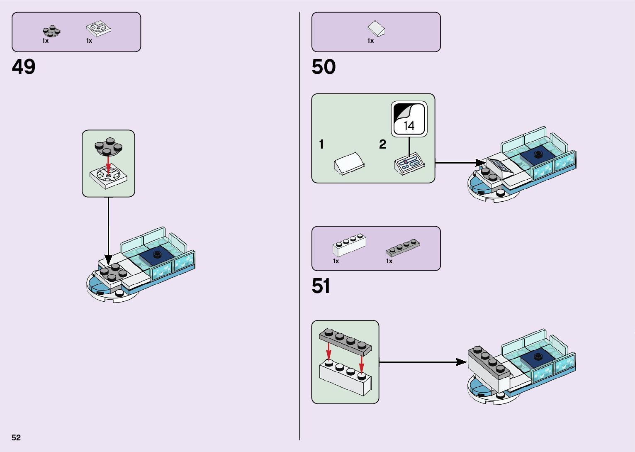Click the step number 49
tap(24, 67)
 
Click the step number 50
tap(324, 67)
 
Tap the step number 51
tap(321, 286)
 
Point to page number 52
tap(16, 437)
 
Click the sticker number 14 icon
tap(409, 119)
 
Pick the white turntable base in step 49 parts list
tap(99, 29)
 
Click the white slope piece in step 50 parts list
tap(376, 29)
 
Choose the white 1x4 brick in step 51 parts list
tap(349, 245)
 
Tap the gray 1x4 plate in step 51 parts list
tap(402, 247)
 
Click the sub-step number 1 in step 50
tap(321, 144)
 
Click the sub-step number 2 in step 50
tap(382, 144)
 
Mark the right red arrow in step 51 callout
tap(362, 364)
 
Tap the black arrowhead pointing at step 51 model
tap(461, 362)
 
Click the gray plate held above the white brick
tap(345, 340)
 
